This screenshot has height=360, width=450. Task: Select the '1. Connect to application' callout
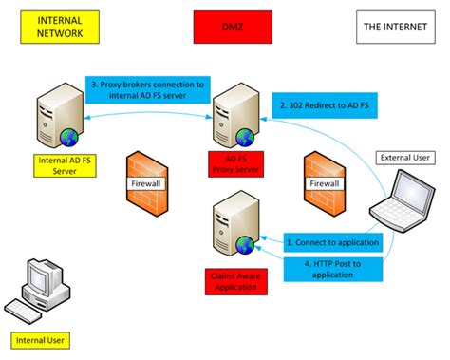332,243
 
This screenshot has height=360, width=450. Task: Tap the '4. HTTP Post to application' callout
332,267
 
